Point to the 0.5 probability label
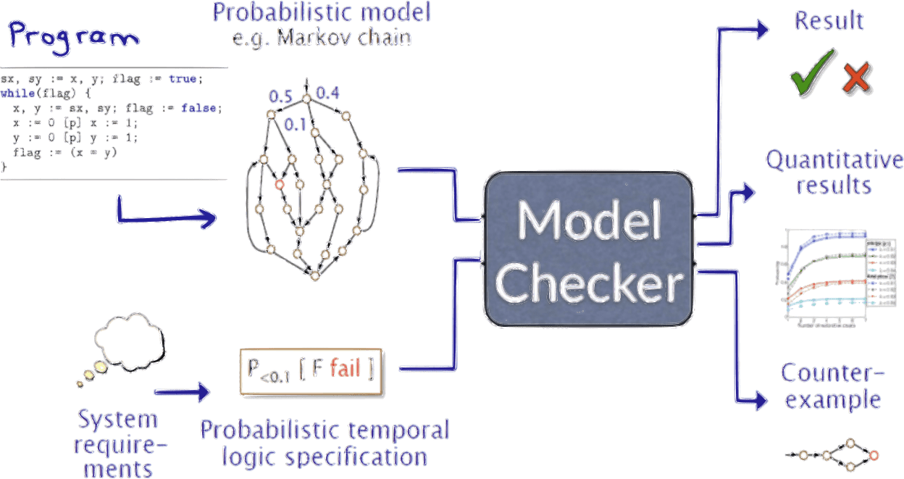pyautogui.click(x=280, y=96)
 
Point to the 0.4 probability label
pyautogui.click(x=327, y=93)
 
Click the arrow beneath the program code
pyautogui.click(x=167, y=214)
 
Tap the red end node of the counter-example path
pyautogui.click(x=874, y=455)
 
